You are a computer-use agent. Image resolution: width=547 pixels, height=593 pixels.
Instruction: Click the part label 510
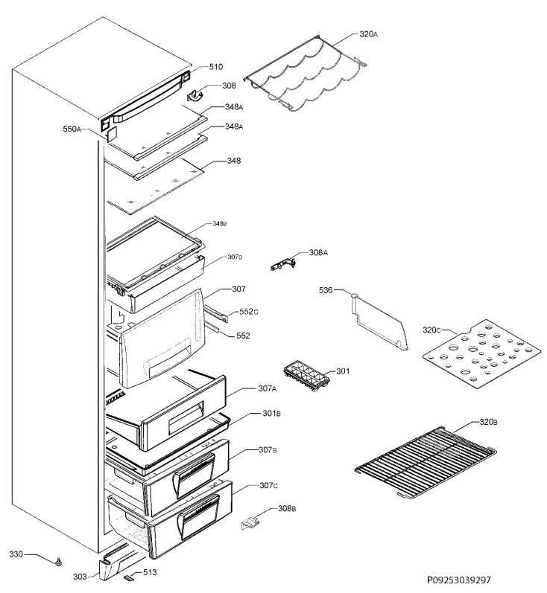point(216,67)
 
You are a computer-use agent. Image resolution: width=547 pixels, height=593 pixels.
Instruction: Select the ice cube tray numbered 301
point(306,376)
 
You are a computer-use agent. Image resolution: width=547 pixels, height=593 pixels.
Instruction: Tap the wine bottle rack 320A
point(306,74)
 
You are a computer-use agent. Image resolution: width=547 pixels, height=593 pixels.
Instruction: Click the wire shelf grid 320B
point(426,462)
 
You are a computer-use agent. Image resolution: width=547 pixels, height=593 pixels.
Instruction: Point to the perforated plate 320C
point(481,354)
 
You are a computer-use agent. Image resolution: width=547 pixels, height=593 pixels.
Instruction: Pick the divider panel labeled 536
point(379,322)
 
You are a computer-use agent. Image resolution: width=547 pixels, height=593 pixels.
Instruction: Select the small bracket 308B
point(250,522)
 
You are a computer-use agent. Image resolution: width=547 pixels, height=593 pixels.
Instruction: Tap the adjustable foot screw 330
point(58,562)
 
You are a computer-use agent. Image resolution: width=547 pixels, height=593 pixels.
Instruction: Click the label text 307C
point(268,485)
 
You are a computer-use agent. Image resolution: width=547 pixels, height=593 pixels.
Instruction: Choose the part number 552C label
point(249,312)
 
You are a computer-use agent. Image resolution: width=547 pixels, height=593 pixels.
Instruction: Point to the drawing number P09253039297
point(459,580)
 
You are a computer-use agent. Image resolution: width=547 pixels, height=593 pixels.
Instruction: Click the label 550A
point(72,129)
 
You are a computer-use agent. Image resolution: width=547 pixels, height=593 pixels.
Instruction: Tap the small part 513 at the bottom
point(129,577)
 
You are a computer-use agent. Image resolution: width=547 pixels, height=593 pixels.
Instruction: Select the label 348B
point(220,224)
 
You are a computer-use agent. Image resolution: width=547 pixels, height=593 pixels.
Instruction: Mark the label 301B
point(271,414)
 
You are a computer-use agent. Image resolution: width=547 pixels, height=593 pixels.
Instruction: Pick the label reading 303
point(80,577)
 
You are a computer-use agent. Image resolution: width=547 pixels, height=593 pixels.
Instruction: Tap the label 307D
point(235,257)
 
